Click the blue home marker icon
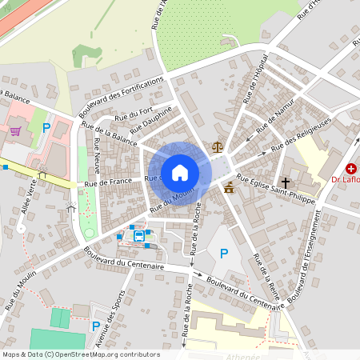(180, 172)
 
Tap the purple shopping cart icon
(15, 131)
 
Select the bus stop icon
(140, 236)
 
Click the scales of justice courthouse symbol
(218, 147)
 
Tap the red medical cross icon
(351, 169)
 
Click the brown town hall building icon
(230, 188)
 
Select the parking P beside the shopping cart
(46, 128)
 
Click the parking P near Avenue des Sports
(96, 326)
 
